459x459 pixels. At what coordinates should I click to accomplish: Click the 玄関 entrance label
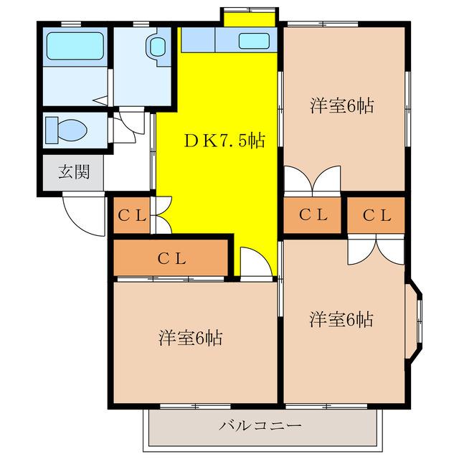pos(73,173)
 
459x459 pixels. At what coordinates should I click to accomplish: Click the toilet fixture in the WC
pos(65,131)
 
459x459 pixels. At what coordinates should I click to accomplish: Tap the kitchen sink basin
pos(255,41)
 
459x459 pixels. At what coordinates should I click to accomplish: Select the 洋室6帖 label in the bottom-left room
pos(190,337)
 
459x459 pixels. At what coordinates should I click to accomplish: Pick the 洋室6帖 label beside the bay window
pos(341,319)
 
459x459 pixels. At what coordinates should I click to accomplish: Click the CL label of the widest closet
pos(171,259)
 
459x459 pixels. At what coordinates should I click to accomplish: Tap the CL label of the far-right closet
pos(376,214)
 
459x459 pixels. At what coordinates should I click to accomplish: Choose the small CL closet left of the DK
pos(132,214)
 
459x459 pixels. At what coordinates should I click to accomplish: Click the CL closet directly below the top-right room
pos(313,214)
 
